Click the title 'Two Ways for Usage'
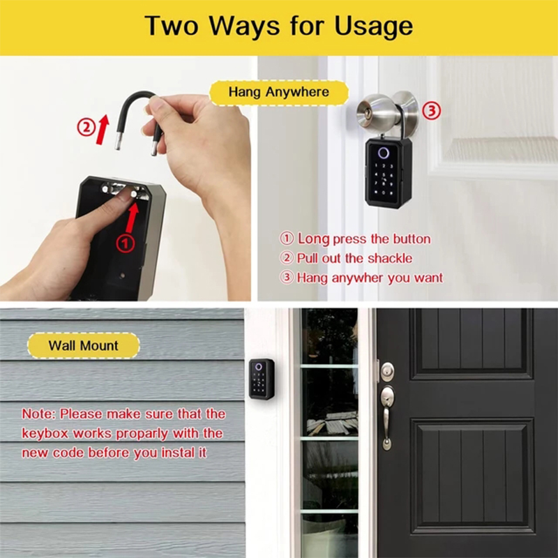click(x=279, y=26)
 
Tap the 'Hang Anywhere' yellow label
click(x=279, y=92)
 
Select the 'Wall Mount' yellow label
click(x=84, y=346)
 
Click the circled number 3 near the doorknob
click(x=432, y=110)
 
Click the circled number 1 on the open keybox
click(x=124, y=243)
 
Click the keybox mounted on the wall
click(x=262, y=379)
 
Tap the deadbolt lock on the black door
click(x=386, y=370)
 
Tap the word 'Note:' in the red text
click(x=39, y=414)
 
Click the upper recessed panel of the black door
click(x=472, y=342)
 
